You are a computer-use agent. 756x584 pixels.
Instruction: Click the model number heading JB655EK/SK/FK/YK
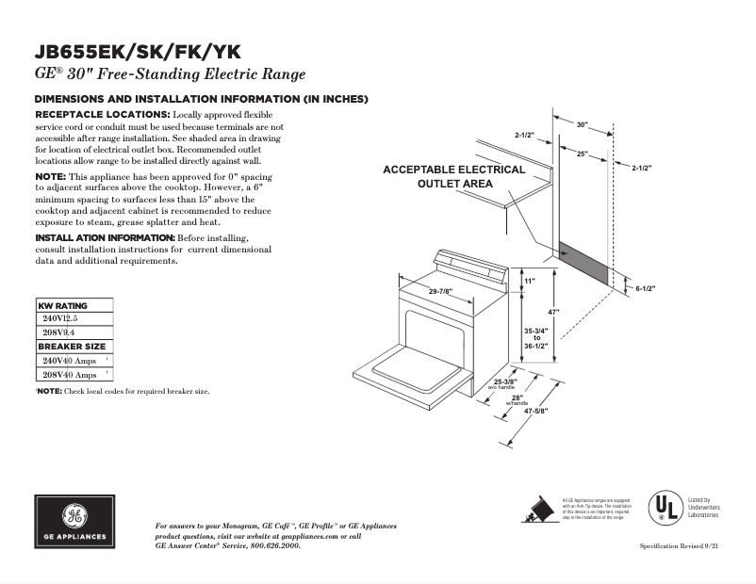tap(142, 53)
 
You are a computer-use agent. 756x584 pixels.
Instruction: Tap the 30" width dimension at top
tap(582, 124)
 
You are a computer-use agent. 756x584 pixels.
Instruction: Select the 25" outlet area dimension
tap(583, 154)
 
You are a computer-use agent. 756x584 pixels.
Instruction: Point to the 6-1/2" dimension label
tap(645, 288)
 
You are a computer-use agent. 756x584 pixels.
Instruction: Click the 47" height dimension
tap(555, 312)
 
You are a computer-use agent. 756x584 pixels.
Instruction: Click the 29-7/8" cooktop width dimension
tap(440, 291)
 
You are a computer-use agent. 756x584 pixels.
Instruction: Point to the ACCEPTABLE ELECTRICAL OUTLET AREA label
tap(454, 176)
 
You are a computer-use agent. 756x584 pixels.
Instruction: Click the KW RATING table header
tap(63, 306)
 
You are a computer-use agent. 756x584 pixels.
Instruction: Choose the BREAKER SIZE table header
tap(72, 347)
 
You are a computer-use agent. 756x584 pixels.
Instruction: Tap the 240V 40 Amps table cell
tap(70, 361)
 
